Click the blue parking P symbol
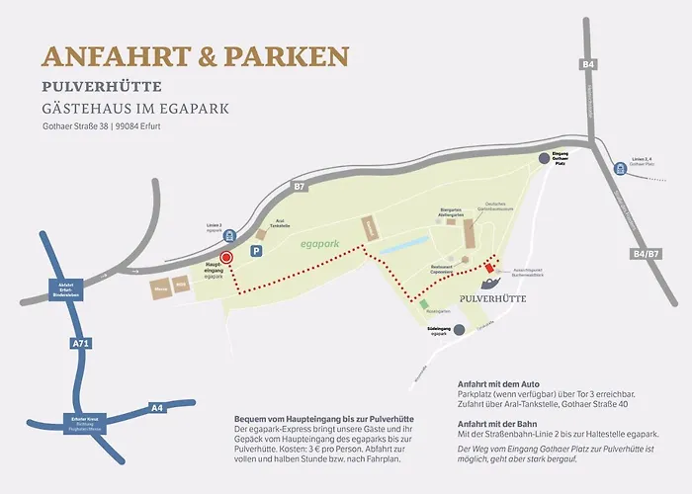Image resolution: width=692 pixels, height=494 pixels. coord(258,252)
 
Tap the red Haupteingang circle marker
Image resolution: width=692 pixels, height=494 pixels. coord(225,257)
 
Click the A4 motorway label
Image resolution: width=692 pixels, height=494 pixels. coord(156,407)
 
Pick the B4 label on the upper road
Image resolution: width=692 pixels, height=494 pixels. coord(589,64)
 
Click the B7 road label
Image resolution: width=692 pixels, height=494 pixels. coord(300,185)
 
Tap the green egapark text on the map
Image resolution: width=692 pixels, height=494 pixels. coord(320,241)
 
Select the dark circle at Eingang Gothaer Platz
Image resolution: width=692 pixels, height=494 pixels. coord(543,158)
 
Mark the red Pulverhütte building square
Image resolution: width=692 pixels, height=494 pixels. coord(488,269)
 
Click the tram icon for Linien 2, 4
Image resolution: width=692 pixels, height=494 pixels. coord(620,167)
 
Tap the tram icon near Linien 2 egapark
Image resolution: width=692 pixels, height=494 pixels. coord(230,235)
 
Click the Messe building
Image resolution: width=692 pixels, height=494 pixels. coord(159,288)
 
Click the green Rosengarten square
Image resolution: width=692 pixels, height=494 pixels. coord(424,304)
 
